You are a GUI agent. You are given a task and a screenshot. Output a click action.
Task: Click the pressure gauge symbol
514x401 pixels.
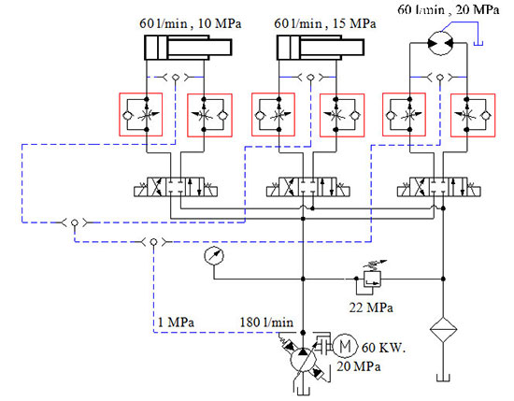click(214, 255)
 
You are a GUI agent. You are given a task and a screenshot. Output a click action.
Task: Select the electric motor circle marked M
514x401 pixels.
click(345, 346)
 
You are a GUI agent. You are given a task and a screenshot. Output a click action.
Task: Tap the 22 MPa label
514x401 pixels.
click(371, 308)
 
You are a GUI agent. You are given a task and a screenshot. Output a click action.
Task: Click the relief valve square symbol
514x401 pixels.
click(372, 279)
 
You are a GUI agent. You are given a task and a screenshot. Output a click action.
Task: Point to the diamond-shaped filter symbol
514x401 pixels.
click(443, 330)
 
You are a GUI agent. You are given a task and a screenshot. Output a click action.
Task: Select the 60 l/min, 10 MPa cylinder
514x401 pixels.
click(188, 48)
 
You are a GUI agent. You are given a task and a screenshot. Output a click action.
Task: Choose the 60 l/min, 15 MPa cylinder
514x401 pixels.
click(321, 48)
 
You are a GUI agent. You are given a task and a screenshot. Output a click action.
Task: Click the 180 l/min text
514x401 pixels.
click(266, 322)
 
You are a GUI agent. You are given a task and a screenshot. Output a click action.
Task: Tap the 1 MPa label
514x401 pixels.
click(176, 322)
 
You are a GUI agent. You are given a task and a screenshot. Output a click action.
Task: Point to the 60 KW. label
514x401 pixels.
click(383, 348)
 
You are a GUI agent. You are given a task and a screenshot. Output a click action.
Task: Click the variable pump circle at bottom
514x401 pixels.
click(303, 360)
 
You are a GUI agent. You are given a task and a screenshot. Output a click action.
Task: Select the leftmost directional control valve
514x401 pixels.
click(176, 187)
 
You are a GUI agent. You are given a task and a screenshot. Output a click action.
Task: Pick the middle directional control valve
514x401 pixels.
click(307, 187)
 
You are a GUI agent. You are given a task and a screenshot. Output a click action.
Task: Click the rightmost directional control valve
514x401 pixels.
click(439, 187)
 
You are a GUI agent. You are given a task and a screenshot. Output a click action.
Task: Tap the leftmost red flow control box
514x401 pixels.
click(140, 114)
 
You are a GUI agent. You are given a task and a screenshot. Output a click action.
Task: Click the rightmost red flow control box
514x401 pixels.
click(473, 115)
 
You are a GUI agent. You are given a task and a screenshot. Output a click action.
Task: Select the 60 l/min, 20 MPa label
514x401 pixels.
click(448, 10)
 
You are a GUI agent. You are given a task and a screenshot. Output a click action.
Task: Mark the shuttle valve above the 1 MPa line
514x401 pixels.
click(153, 242)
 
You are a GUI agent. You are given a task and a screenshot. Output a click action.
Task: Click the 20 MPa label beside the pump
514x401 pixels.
click(359, 366)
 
